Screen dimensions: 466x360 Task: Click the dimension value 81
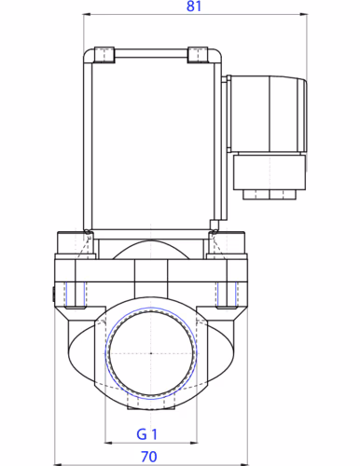pos(193,7)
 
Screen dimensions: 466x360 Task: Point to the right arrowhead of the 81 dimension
pos(305,17)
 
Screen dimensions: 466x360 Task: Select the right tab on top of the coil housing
pos(199,55)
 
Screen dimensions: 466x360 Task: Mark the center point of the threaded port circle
pos(150,353)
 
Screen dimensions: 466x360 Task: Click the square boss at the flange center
pos(150,275)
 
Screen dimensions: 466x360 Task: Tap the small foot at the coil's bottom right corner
pos(214,224)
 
